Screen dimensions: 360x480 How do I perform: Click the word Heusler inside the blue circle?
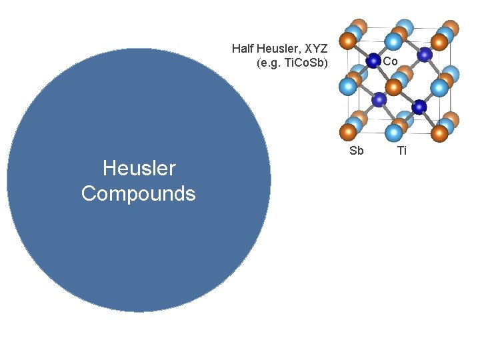tap(139, 168)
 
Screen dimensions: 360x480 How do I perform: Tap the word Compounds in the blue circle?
tap(139, 193)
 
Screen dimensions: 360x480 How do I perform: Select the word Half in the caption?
tap(244, 49)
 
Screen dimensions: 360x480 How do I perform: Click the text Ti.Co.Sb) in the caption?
tap(304, 65)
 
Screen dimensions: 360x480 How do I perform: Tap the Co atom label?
tap(391, 61)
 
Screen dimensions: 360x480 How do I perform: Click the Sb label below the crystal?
tap(357, 151)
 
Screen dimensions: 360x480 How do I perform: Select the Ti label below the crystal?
tap(402, 151)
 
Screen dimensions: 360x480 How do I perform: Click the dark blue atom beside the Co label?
tap(373, 61)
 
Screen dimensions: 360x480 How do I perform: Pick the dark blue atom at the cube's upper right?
tap(424, 55)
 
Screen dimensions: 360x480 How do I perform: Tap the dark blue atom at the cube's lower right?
tap(419, 107)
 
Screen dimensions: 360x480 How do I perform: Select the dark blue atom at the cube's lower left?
tap(379, 99)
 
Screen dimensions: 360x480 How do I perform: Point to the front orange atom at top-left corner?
tap(347, 41)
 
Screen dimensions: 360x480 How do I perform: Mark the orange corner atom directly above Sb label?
tap(347, 132)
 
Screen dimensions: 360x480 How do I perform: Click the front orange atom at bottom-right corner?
tap(439, 133)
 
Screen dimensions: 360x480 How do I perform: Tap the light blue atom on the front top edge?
tap(394, 42)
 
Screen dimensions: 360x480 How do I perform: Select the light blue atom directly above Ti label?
tap(394, 132)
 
